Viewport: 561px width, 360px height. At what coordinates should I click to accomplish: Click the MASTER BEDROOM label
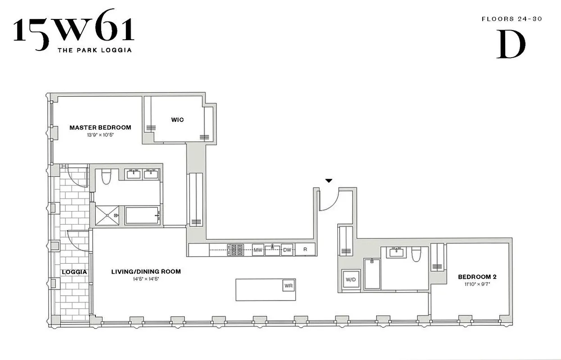point(100,127)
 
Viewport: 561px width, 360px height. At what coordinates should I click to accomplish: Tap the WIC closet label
point(177,120)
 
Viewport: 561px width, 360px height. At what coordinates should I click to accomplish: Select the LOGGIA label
point(74,272)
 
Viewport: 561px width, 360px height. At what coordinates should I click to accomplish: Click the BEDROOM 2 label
point(477,277)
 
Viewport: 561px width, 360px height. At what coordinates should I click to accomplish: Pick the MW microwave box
point(258,250)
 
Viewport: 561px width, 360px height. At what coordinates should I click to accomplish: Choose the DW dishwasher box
point(287,250)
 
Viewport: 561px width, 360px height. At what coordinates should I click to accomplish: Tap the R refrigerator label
point(305,250)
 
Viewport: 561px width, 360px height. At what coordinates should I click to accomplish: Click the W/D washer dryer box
point(350,279)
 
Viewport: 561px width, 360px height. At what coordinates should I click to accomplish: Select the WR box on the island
point(288,285)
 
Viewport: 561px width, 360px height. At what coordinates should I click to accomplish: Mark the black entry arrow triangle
point(329,181)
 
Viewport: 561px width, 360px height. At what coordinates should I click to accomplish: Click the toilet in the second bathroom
point(415,254)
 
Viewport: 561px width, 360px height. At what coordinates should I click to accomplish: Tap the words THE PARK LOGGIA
point(94,50)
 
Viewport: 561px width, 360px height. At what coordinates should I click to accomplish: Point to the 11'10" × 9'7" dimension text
point(477,284)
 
